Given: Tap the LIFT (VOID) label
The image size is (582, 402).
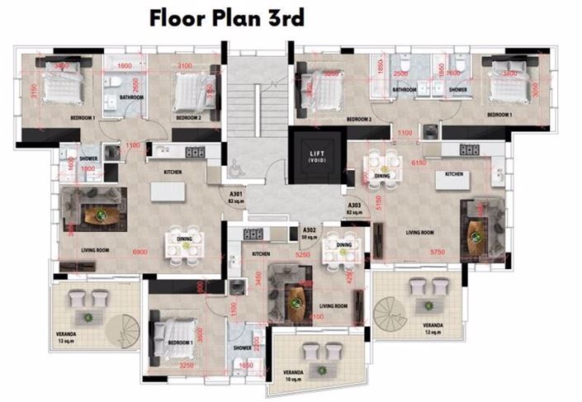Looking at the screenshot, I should coord(317,157).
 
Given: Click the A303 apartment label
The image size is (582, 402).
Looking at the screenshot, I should coord(354,206).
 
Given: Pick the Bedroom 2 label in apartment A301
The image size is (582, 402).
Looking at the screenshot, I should coord(187,119).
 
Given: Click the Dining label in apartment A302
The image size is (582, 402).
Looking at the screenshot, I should coord(343,244).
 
